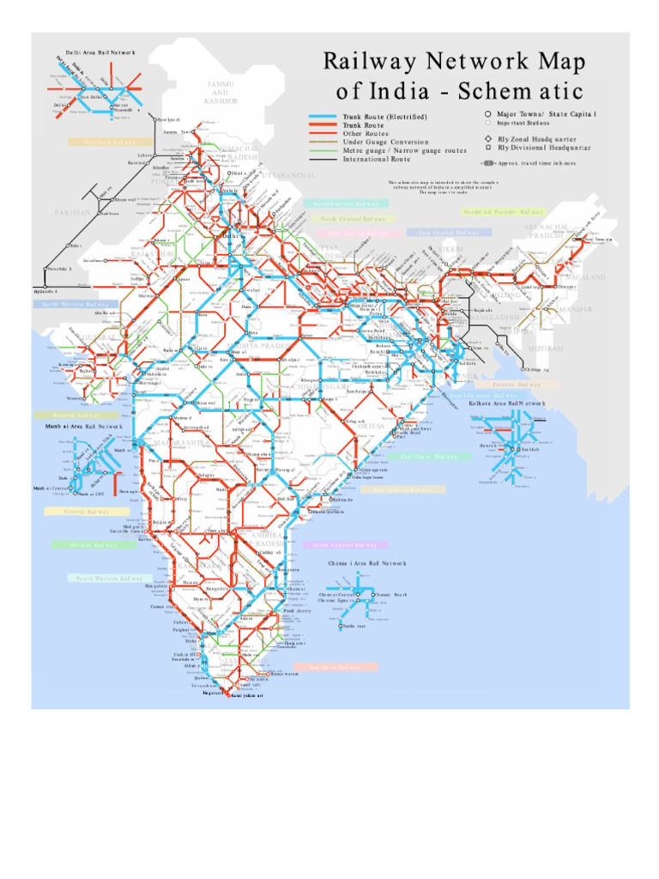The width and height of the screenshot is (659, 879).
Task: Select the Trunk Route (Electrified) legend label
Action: pos(384,116)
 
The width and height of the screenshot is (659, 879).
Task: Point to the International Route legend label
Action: pos(378,159)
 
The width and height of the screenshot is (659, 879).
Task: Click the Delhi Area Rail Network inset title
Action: pos(95,52)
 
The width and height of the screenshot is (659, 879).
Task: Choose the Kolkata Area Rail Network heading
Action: pos(506,403)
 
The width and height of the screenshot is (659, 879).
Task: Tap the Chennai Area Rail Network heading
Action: pos(367,564)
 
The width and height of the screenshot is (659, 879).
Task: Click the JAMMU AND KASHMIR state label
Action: pos(221,92)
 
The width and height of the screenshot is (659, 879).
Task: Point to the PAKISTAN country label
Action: pos(72,212)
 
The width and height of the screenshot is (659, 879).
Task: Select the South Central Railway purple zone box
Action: pos(345,544)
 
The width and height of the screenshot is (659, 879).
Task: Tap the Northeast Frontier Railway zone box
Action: pos(503,211)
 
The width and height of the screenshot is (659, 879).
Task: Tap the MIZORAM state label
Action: pos(544,349)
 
